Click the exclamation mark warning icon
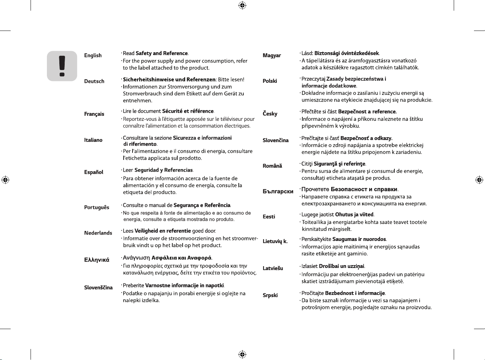pyautogui.click(x=62, y=66)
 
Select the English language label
pyautogui.click(x=93, y=55)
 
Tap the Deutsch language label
pyautogui.click(x=94, y=81)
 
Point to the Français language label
pyautogui.click(x=94, y=114)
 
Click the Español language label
pyautogui.click(x=93, y=172)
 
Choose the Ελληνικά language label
pyautogui.click(x=97, y=260)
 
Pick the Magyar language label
pyautogui.click(x=272, y=55)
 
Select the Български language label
pyautogui.click(x=278, y=192)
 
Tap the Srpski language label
pyautogui.click(x=270, y=295)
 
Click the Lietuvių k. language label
pyautogui.click(x=275, y=241)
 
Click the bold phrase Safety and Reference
pyautogui.click(x=162, y=53)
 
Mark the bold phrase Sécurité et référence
pyautogui.click(x=188, y=111)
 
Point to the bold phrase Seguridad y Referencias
pyautogui.click(x=164, y=170)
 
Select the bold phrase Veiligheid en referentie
pyautogui.click(x=163, y=231)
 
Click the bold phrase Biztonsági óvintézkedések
pyautogui.click(x=346, y=53)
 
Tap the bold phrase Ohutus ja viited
pyautogui.click(x=354, y=215)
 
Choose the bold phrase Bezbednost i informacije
pyautogui.click(x=355, y=293)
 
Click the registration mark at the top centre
pyautogui.click(x=242, y=5)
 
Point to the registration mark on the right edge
pyautogui.click(x=479, y=180)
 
